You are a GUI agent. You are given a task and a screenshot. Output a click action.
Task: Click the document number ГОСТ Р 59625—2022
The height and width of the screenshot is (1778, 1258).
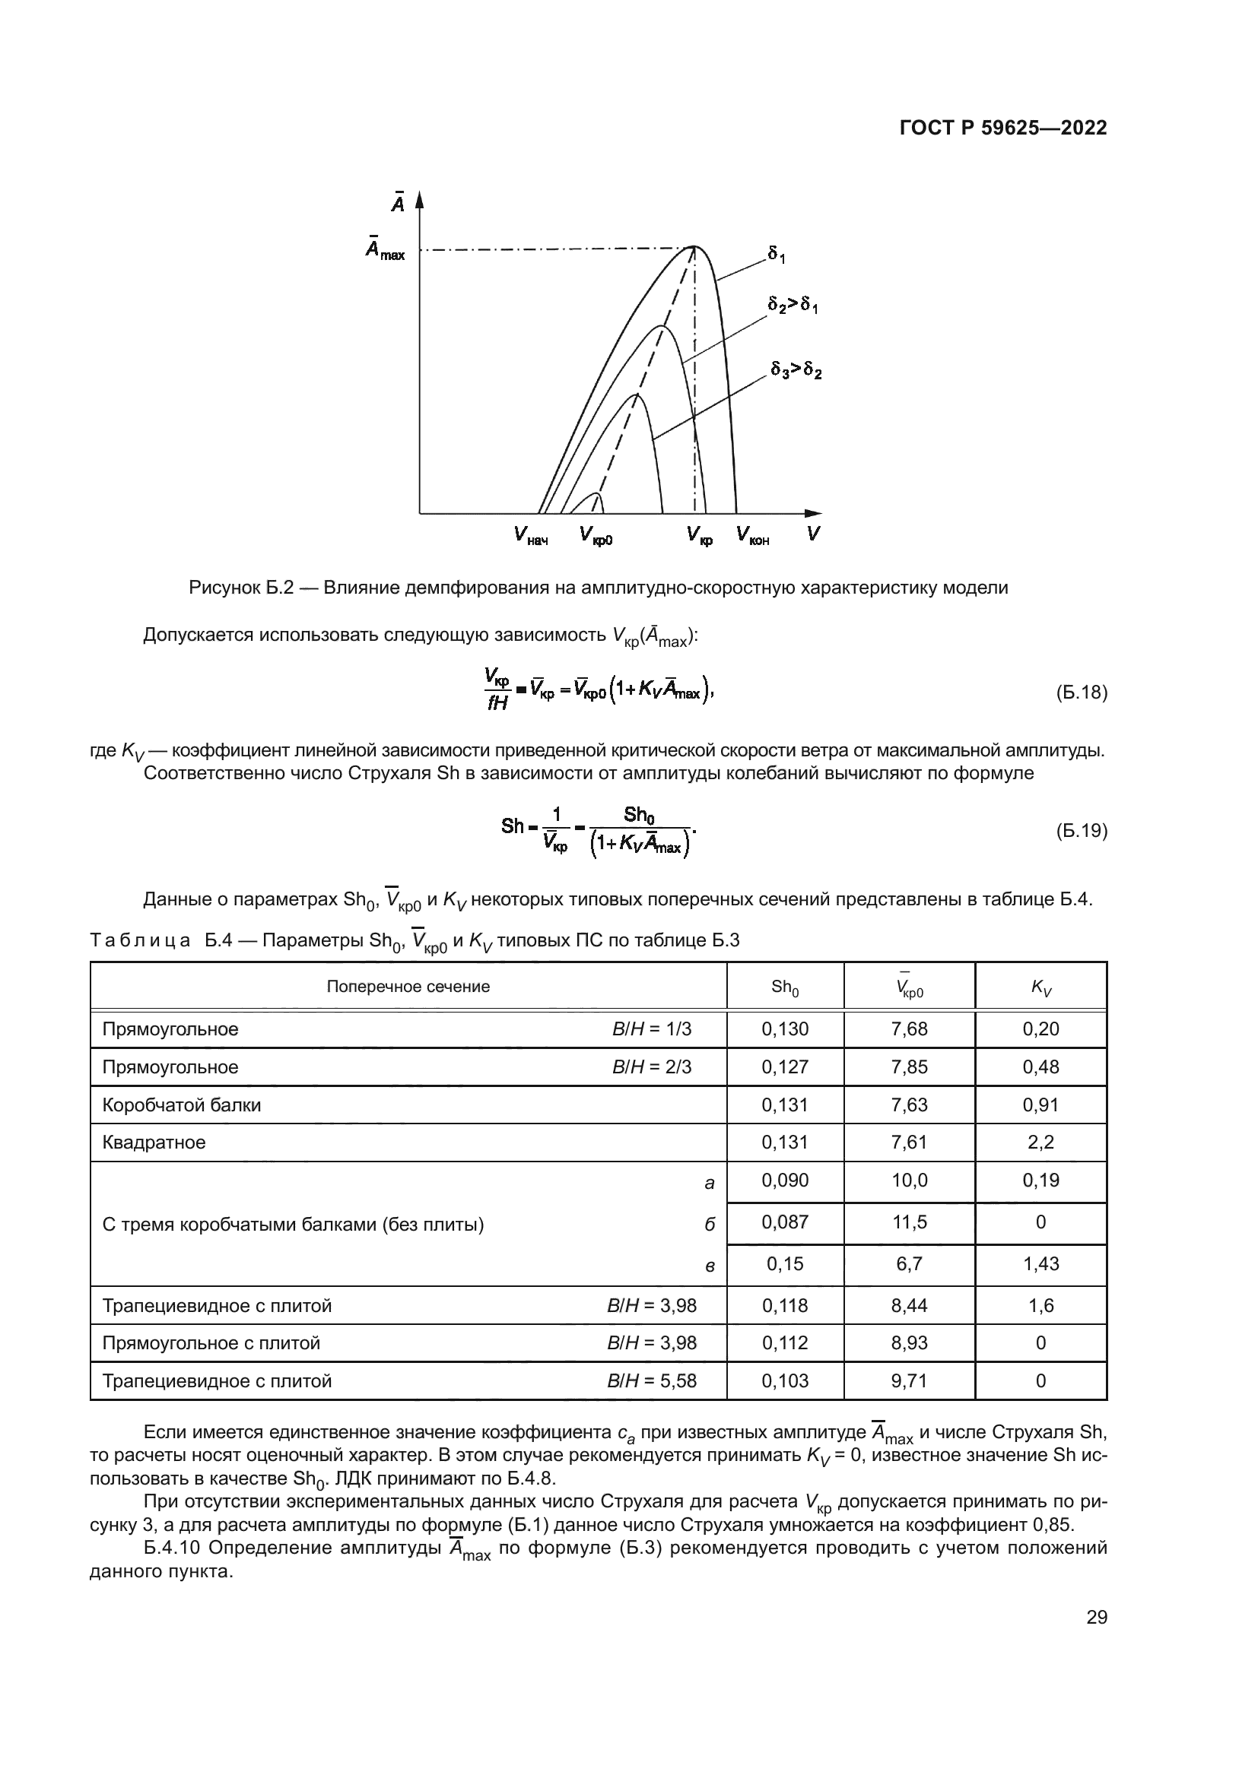tap(1003, 128)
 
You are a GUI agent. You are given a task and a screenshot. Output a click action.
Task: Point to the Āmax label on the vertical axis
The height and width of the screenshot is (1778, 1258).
tap(385, 249)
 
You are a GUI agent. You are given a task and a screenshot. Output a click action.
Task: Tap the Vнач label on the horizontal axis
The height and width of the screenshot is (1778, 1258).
tap(531, 535)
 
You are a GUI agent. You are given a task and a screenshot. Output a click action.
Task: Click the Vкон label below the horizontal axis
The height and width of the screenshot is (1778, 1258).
tap(752, 535)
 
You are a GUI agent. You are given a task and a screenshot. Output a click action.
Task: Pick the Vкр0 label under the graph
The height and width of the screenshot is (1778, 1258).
tap(596, 535)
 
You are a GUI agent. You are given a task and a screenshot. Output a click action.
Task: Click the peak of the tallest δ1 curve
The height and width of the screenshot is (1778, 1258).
tap(694, 247)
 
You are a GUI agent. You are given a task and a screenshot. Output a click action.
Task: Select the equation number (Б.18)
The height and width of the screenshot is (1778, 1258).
tap(1082, 693)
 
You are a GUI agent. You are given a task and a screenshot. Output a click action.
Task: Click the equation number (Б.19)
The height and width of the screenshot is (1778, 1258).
tap(1082, 831)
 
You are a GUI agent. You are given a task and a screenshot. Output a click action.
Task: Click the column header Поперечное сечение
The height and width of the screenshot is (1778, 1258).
tap(408, 987)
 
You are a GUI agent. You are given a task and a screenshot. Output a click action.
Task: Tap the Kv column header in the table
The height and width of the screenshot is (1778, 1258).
tap(1040, 987)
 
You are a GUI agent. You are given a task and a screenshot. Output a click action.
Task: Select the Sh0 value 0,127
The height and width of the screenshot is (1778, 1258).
tap(785, 1067)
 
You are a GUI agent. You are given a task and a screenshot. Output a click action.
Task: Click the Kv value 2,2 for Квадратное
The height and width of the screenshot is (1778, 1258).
tap(1040, 1143)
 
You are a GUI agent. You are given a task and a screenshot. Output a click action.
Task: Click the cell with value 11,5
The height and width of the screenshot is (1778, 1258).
tap(909, 1222)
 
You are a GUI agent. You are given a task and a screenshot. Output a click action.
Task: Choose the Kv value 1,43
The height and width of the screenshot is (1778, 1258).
tap(1040, 1264)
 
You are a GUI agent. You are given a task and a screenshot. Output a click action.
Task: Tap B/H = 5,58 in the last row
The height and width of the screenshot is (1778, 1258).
tap(652, 1380)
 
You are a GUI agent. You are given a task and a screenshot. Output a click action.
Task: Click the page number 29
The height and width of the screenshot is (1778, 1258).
tap(1096, 1618)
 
